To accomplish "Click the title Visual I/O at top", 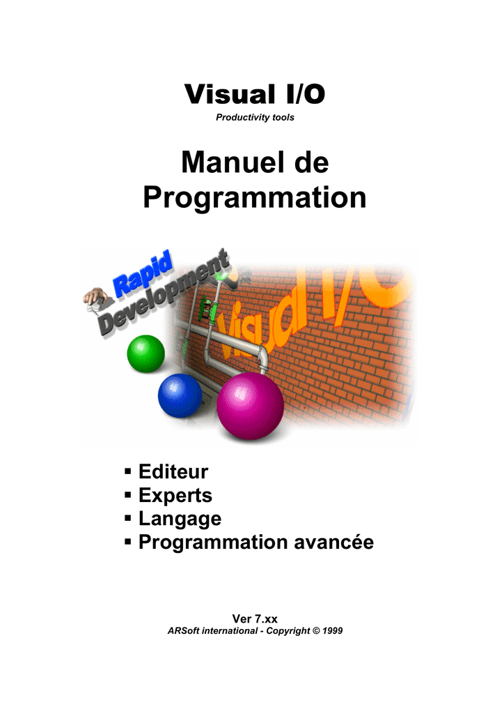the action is click(x=255, y=94).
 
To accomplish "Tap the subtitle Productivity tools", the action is click(x=255, y=117).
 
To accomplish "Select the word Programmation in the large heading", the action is click(x=255, y=198).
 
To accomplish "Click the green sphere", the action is click(x=146, y=354).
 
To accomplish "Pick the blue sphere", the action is click(x=180, y=396).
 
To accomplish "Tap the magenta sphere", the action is click(x=251, y=406).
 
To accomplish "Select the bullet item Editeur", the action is click(x=173, y=472).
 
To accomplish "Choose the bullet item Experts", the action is click(x=175, y=496).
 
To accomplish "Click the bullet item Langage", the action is click(x=180, y=519).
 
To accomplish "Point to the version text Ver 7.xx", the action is click(x=255, y=619).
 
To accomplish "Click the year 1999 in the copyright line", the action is click(x=333, y=631).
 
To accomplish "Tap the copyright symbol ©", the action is click(x=316, y=631).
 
